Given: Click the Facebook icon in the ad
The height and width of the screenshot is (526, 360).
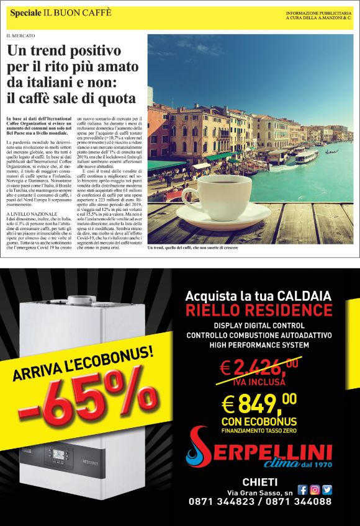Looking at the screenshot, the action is point(304,489).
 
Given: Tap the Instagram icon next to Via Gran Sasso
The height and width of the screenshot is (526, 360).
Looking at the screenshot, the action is point(315,489).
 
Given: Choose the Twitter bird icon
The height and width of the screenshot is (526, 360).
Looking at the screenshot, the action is point(327,489).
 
